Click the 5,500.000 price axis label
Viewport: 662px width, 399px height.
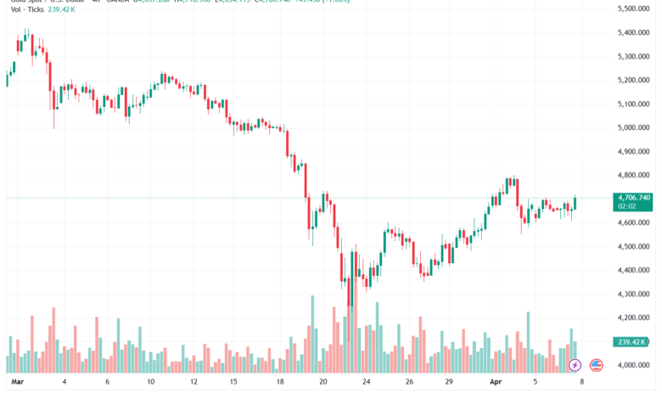633,8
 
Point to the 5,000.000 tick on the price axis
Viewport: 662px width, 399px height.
633,127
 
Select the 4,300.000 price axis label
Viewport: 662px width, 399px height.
633,294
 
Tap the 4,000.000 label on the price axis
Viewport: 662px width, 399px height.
633,365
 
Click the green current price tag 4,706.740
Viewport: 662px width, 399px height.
633,198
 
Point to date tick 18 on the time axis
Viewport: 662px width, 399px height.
280,383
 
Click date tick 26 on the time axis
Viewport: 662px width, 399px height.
409,383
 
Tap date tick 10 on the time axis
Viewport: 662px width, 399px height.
149,383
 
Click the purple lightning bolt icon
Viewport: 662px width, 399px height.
575,365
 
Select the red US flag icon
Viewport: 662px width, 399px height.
595,365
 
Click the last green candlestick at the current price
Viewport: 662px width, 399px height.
575,202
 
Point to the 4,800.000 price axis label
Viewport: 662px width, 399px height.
633,175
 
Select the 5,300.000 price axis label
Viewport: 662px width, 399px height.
633,56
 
